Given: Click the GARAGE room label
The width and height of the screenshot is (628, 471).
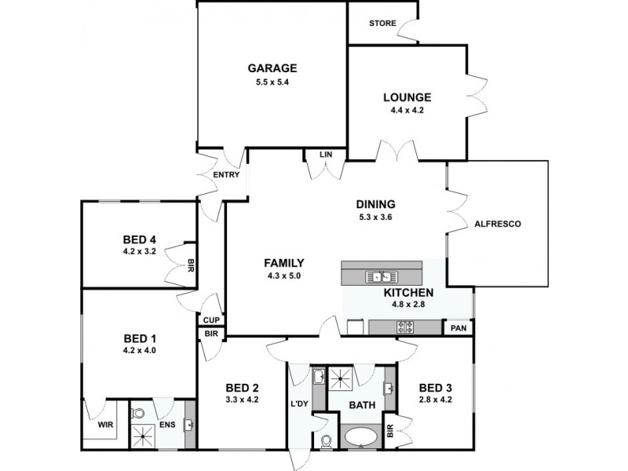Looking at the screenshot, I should tap(272, 68).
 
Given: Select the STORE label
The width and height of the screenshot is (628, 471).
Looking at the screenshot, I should tap(382, 23).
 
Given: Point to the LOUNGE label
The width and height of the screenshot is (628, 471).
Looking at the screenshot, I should tap(407, 97).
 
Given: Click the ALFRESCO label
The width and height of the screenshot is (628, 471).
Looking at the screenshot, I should tap(497, 224).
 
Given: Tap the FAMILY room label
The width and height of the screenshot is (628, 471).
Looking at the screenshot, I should tap(283, 263).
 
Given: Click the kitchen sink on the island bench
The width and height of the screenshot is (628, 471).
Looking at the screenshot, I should tap(381, 276).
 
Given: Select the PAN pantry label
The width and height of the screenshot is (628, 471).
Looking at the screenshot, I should tap(458, 329).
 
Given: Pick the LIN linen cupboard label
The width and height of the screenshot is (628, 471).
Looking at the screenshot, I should tap(326, 155).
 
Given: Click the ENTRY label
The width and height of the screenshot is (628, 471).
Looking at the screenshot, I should tap(226, 175).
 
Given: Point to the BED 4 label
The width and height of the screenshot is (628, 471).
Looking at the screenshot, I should tap(141, 240).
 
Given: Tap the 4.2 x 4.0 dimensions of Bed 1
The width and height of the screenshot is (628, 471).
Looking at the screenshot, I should tap(141, 351).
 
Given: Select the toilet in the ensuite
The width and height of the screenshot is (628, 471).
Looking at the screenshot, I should tap(138, 411).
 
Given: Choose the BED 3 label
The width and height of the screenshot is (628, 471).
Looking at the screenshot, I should tap(436, 387).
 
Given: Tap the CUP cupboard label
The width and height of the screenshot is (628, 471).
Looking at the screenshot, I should tap(210, 319).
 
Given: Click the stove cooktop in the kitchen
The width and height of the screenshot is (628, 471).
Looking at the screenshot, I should tap(406, 327).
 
